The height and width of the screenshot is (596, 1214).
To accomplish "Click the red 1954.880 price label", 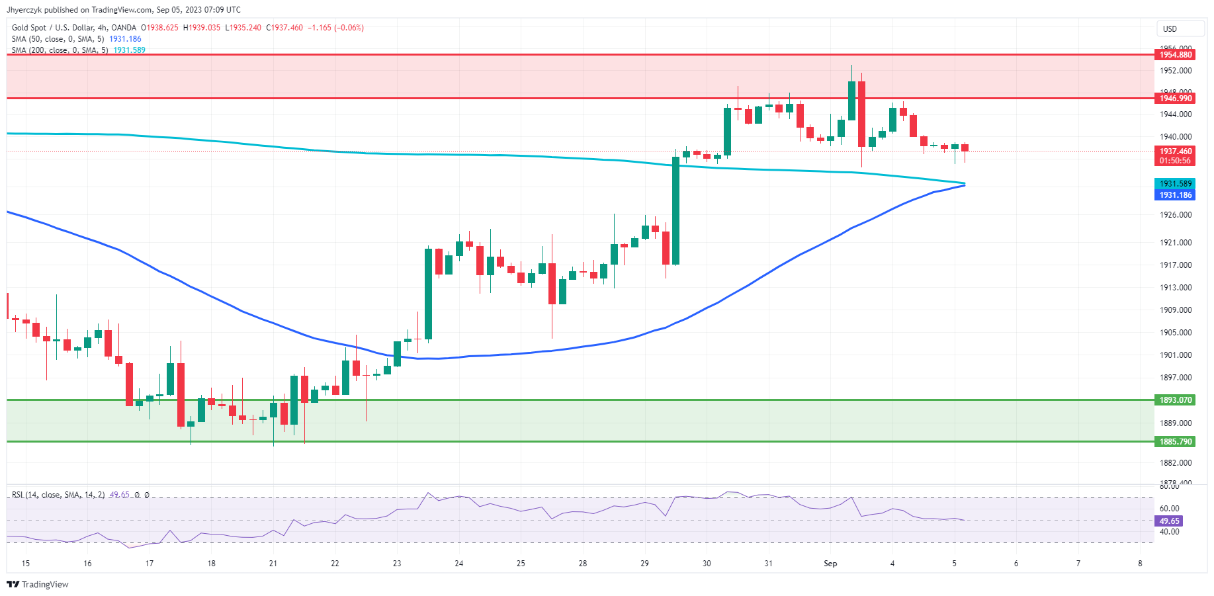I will (x=1175, y=55).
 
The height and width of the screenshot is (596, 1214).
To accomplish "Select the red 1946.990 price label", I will (x=1175, y=99).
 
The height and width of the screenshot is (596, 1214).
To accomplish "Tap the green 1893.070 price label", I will (x=1175, y=400).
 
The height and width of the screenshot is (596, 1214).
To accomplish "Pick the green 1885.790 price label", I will (x=1175, y=442).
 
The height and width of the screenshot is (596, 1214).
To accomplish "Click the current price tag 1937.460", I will (x=1175, y=151).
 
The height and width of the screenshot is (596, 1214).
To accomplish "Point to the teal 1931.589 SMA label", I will (x=1175, y=184).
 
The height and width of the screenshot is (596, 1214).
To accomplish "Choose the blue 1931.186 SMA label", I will (x=1175, y=195).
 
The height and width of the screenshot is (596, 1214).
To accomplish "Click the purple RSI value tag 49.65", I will (x=1169, y=521).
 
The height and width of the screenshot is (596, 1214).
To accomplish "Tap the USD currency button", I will (x=1170, y=29).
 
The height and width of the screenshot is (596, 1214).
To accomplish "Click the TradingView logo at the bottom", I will (x=38, y=584).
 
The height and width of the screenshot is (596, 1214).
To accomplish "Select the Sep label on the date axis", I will (x=830, y=564).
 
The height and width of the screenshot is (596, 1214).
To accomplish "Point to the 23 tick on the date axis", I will (x=397, y=564).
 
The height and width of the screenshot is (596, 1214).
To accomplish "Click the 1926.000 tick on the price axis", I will (x=1175, y=215).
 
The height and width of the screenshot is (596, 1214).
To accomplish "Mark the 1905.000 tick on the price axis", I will (x=1175, y=333).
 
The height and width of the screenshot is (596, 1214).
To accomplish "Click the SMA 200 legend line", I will (x=78, y=50).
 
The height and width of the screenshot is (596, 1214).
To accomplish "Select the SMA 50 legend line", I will (x=76, y=39).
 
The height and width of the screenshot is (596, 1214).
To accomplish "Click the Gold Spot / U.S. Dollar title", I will (x=73, y=28).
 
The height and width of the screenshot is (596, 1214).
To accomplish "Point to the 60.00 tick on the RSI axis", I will (x=1169, y=509).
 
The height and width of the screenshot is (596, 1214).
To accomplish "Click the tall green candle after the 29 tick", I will (x=676, y=210).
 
